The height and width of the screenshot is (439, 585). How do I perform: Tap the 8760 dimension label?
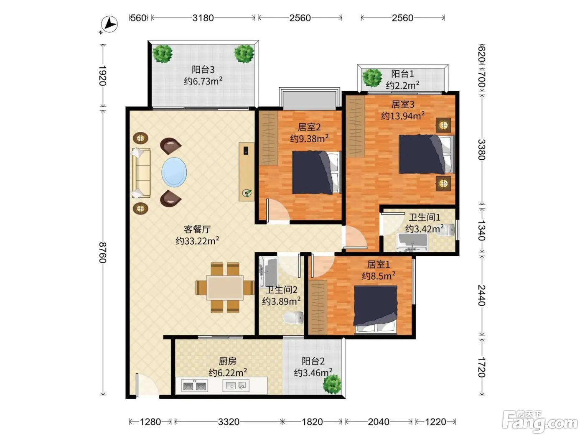pos(103,252)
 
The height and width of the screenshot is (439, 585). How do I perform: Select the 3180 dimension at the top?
pos(203,18)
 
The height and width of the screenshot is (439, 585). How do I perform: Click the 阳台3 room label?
pos(203,69)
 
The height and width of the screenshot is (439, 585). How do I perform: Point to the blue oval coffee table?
pos(174,172)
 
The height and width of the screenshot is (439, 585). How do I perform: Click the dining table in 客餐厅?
pos(225,288)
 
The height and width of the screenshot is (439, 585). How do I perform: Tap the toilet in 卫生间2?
pos(294,318)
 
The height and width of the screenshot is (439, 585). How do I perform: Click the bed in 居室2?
pos(317,172)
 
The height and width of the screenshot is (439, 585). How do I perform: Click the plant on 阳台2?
pos(332,384)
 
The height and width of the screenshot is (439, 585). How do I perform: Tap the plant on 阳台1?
pos(372,78)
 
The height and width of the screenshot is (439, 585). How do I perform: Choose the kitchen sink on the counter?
pos(236,385)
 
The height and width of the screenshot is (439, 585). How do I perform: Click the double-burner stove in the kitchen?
pos(194,385)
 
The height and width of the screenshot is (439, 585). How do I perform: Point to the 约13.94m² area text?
pos(403,116)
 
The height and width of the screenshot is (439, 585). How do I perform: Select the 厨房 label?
pos(228,361)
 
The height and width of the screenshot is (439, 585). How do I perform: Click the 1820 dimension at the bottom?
pos(312,422)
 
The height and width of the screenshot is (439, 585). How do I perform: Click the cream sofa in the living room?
pos(141,173)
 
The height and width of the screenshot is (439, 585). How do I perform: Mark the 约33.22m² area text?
pos(197,241)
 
